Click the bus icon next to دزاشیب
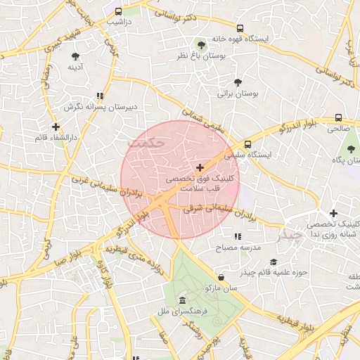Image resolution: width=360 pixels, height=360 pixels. tap(118, 11)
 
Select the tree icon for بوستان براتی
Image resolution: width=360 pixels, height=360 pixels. tap(238, 82)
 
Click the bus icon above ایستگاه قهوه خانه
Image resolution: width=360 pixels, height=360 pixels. tap(240, 29)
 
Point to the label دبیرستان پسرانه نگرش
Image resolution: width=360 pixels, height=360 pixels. tap(100, 106)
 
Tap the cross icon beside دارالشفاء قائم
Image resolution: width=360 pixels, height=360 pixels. tap(56, 127)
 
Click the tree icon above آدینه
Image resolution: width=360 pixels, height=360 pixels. tap(76, 56)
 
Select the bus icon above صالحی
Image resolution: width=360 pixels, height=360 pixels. tap(339, 118)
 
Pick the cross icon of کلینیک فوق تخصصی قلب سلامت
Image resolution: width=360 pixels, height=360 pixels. tap(200, 167)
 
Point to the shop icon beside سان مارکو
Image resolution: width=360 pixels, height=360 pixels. tap(221, 277)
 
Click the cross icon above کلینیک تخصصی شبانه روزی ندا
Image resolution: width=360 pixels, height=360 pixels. tap(333, 213)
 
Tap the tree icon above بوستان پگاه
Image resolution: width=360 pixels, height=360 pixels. tap(350, 149)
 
